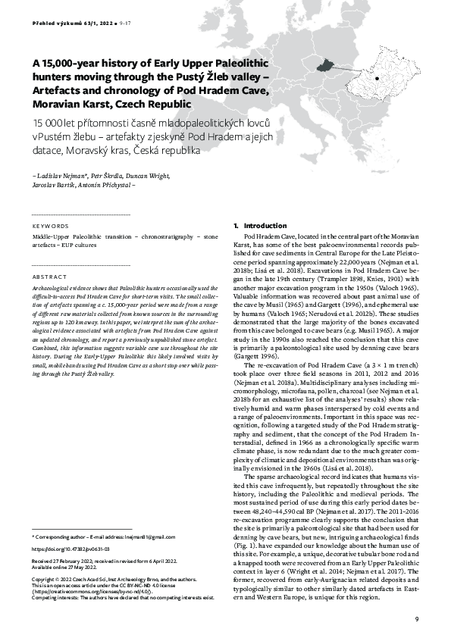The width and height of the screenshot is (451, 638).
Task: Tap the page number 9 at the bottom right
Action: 415,619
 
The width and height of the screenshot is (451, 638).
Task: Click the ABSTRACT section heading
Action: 46,278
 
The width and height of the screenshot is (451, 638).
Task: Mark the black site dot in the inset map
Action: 377,77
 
